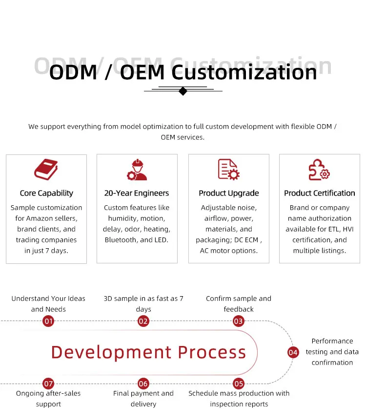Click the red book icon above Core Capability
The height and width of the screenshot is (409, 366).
click(x=46, y=169)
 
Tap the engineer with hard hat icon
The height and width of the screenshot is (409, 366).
click(x=137, y=170)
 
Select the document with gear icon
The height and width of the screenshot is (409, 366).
click(x=229, y=170)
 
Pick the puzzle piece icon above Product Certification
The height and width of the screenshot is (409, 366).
click(x=319, y=170)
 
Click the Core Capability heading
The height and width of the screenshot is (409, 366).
click(x=46, y=193)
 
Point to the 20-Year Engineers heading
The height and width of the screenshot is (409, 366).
click(x=137, y=193)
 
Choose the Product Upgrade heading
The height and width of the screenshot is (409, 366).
click(x=229, y=193)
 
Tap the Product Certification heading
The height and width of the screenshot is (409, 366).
click(x=320, y=193)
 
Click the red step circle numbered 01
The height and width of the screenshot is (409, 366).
click(x=48, y=321)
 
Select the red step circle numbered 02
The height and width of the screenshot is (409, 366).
click(x=143, y=321)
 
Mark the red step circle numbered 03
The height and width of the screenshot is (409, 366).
click(x=238, y=321)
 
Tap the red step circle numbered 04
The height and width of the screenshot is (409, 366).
click(x=293, y=353)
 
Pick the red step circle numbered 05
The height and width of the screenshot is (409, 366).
click(x=239, y=384)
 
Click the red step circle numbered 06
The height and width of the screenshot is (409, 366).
click(x=143, y=384)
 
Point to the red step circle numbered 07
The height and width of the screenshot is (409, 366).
click(x=48, y=384)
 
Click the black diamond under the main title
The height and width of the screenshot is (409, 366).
click(x=183, y=91)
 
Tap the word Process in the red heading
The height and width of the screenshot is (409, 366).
click(x=212, y=352)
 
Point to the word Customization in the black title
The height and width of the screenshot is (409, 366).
click(x=244, y=72)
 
